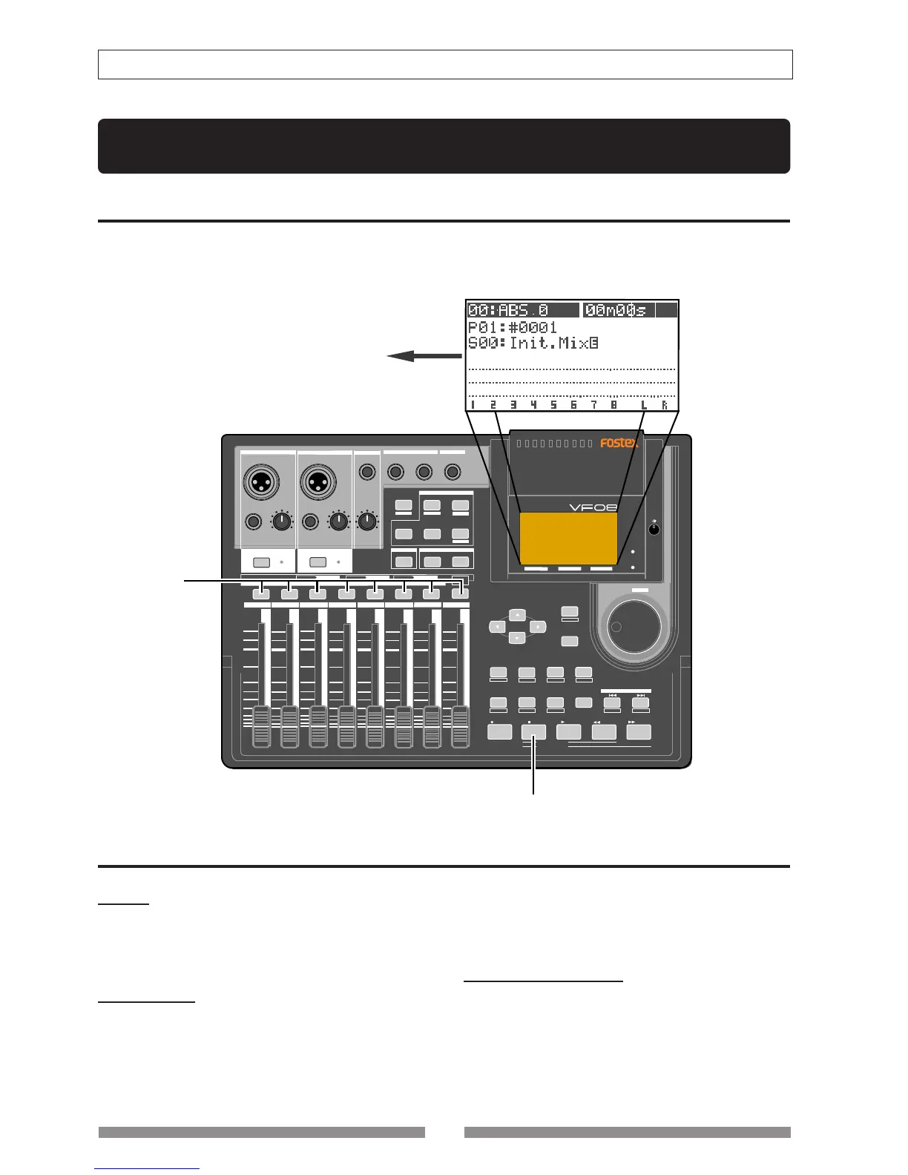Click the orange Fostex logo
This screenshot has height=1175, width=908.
pyautogui.click(x=619, y=443)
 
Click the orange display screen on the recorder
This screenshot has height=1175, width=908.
pyautogui.click(x=568, y=538)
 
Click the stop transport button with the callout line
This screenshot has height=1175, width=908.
pyautogui.click(x=533, y=732)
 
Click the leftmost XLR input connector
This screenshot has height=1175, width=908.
pyautogui.click(x=261, y=481)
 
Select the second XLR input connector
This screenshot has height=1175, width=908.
pyautogui.click(x=318, y=481)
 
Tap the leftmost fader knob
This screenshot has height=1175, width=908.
pyautogui.click(x=261, y=726)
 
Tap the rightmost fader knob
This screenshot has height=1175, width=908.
pyautogui.click(x=461, y=726)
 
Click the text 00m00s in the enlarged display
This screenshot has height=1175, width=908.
pyautogui.click(x=615, y=310)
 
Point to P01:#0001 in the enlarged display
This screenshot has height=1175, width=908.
pyautogui.click(x=512, y=327)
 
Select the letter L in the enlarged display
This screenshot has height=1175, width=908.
pyautogui.click(x=644, y=405)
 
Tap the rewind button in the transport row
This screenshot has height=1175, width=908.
pyautogui.click(x=604, y=732)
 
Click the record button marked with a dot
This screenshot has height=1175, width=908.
pyautogui.click(x=499, y=732)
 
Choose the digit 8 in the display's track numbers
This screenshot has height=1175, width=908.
pyautogui.click(x=613, y=405)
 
